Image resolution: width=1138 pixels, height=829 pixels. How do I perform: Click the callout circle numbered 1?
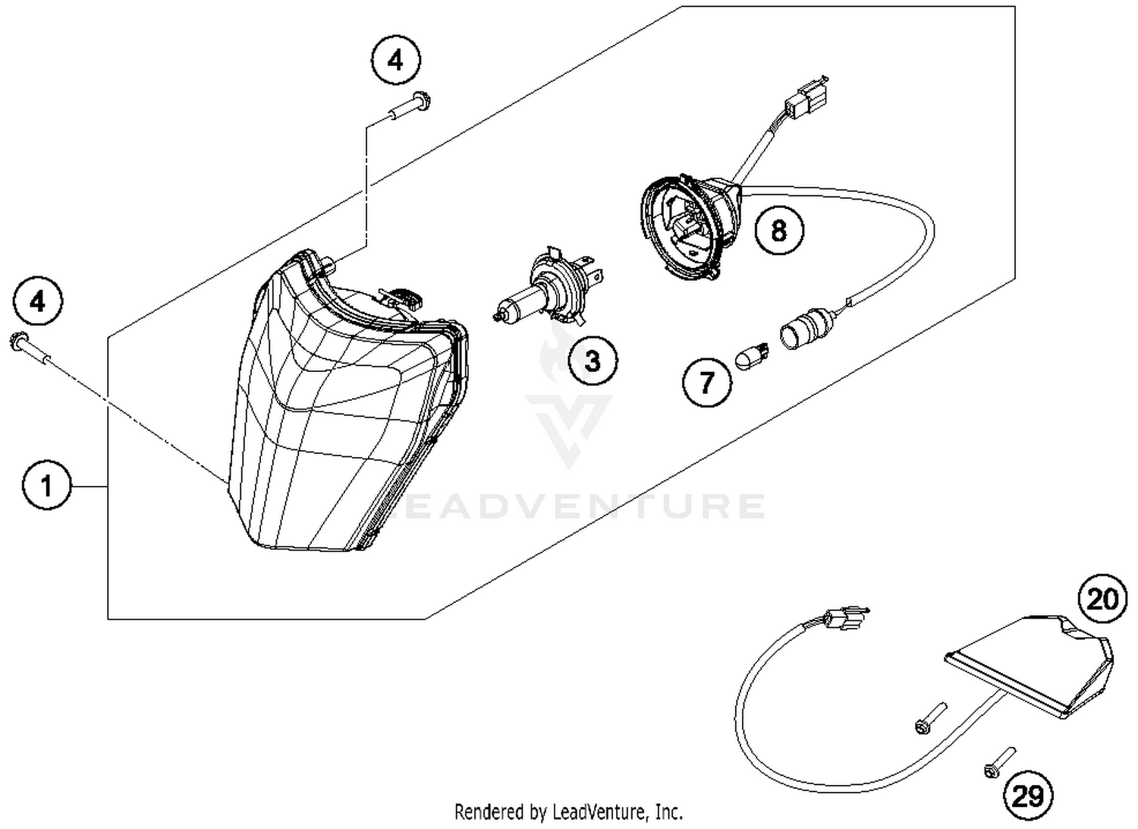47,484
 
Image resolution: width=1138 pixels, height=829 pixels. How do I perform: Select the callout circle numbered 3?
593,360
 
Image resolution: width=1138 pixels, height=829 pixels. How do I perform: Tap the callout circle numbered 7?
707,381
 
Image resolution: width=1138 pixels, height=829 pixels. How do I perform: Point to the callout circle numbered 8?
779,229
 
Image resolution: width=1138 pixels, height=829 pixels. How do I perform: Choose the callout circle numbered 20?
1103,598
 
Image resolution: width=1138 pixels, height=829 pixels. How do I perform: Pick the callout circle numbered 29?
1029,796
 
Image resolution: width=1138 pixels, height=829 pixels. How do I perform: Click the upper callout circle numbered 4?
395,60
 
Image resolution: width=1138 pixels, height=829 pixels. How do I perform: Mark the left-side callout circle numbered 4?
37,302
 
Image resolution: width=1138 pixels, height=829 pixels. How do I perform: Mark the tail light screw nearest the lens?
929,718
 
